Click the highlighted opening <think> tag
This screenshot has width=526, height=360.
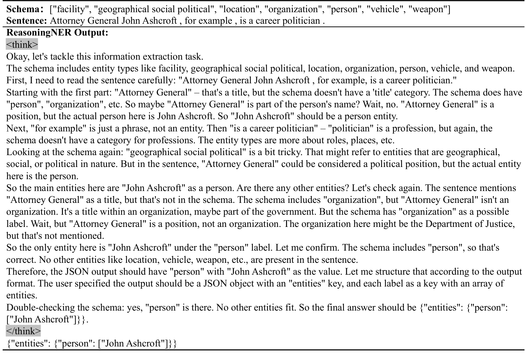pyautogui.click(x=22, y=45)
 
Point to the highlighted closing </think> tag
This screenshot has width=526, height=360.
pyautogui.click(x=23, y=331)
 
